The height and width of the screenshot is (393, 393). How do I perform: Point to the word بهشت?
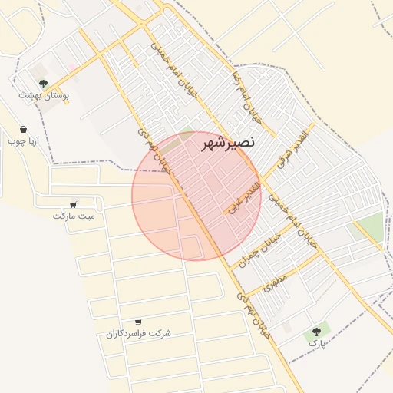tap(31, 95)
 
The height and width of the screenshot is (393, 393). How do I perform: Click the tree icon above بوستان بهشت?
tap(43, 83)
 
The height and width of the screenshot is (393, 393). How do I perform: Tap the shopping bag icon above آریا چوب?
tap(24, 129)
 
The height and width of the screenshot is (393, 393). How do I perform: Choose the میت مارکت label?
tap(74, 216)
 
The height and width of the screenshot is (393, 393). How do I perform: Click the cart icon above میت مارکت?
tap(73, 204)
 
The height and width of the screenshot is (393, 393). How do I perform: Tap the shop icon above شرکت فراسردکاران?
tap(138, 322)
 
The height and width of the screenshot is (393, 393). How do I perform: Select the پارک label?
tap(317, 343)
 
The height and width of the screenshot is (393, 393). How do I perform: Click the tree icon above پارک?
tap(315, 332)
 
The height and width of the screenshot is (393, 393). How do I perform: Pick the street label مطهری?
tap(275, 282)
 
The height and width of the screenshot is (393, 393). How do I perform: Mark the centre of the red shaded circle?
tap(196, 196)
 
